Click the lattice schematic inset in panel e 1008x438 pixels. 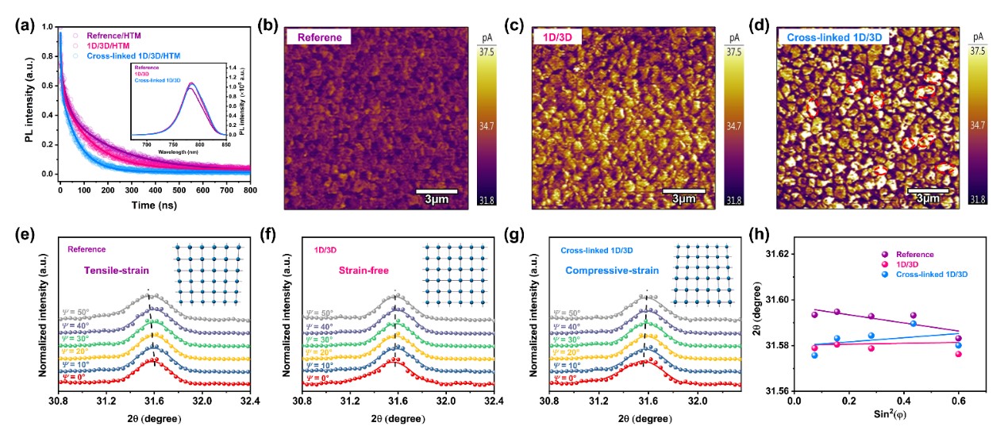(207, 275)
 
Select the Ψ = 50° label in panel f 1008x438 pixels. (321, 315)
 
